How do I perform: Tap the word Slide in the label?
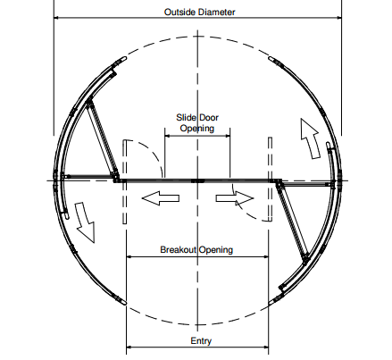coord(186,118)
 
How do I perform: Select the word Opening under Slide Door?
coord(197,129)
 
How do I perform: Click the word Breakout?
coord(179,249)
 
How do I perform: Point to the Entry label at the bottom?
coord(201,340)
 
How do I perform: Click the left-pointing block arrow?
coord(161,198)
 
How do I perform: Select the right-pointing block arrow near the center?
coord(235,198)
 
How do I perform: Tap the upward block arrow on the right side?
coord(310,138)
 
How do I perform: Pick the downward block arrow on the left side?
coord(85,222)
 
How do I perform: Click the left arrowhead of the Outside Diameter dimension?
coord(56,18)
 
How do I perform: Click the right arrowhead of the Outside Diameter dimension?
coord(339,18)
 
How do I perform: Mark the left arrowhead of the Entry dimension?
coord(129,347)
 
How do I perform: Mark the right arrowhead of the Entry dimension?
coord(266,347)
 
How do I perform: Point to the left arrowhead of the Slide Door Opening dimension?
coord(167,136)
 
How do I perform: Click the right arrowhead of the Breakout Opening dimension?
coord(266,256)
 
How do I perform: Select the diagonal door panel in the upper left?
coord(102,138)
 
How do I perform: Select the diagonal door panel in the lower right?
coord(293,222)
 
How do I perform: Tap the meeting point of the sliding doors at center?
coord(197,180)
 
